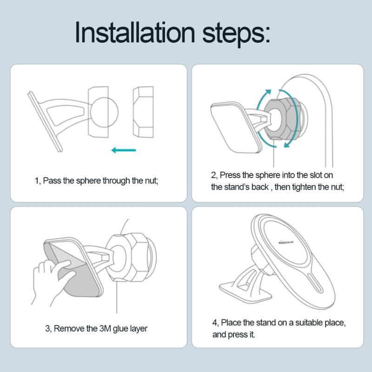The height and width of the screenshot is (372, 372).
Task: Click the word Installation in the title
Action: pyautogui.click(x=135, y=32)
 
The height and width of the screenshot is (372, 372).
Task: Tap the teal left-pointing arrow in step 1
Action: pyautogui.click(x=124, y=150)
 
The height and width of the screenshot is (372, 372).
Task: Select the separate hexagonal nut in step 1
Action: pyautogui.click(x=143, y=112)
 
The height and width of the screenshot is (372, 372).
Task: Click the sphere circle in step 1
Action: pyautogui.click(x=104, y=112)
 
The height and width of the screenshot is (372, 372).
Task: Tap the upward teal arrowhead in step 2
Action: pyautogui.click(x=268, y=93)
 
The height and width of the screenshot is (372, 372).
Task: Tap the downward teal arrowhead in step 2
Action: pyautogui.click(x=287, y=144)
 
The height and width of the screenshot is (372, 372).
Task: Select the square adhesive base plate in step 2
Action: pyautogui.click(x=235, y=127)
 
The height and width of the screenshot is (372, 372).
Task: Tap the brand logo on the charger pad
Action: pyautogui.click(x=286, y=242)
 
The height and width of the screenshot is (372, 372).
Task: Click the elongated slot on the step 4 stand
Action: pyautogui.click(x=315, y=283)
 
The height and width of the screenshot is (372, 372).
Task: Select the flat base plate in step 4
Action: pyautogui.click(x=245, y=291)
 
